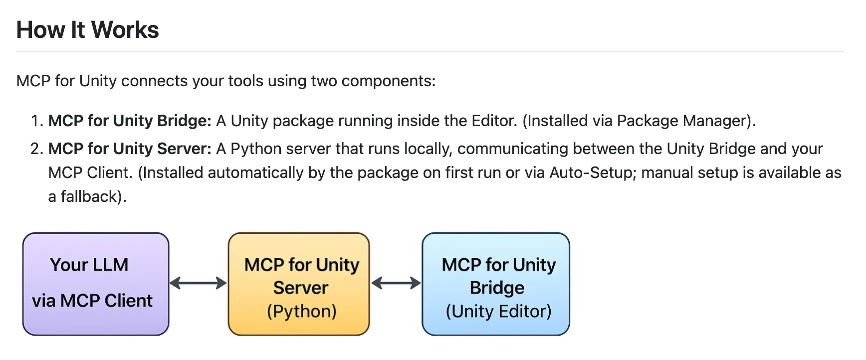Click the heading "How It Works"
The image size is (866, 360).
coord(88,30)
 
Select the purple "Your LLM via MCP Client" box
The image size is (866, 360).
coord(96,283)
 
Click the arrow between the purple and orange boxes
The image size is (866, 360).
coord(198,283)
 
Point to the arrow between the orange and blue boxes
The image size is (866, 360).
coord(396,283)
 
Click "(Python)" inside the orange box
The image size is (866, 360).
coord(301,311)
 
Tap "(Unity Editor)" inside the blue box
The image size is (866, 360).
coord(498,311)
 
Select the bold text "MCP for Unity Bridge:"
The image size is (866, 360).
coord(130,121)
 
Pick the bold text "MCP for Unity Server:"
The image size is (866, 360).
coord(130,149)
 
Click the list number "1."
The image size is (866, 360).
coord(36,121)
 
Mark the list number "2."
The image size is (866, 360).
coord(36,149)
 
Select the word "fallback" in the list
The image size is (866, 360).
coord(89,196)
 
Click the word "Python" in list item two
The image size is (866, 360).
coord(252,149)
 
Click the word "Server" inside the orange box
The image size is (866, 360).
coord(301,288)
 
